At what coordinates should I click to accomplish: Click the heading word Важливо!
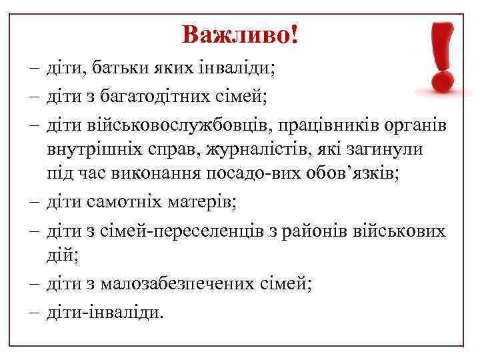(239, 33)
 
